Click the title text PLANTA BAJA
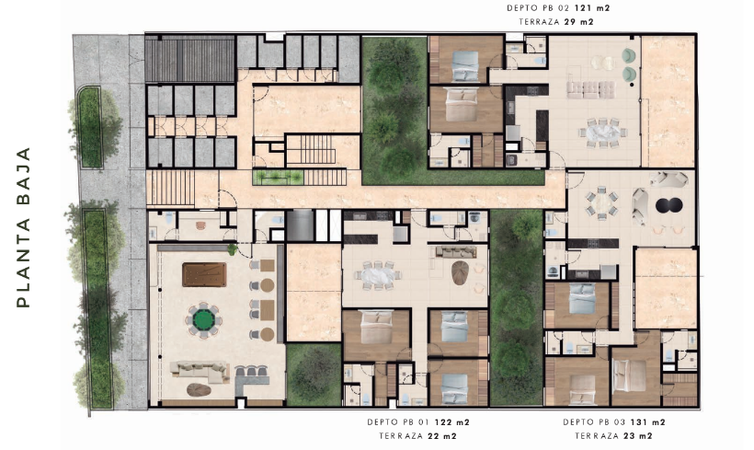[x=24, y=227]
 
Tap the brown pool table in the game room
[x=204, y=274]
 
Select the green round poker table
[x=204, y=319]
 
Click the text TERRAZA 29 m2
[x=556, y=22]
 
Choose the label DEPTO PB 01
[x=397, y=422]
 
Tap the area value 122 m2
[x=452, y=422]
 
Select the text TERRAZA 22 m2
[x=417, y=436]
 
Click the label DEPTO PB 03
[x=594, y=422]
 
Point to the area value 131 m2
[x=647, y=422]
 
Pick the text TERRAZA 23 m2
[x=613, y=436]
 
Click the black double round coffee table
[x=668, y=205]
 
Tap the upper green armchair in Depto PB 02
[x=629, y=56]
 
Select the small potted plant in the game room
[x=233, y=248]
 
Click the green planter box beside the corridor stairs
[x=278, y=177]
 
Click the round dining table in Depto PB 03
[x=601, y=204]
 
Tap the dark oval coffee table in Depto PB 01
[x=460, y=272]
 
